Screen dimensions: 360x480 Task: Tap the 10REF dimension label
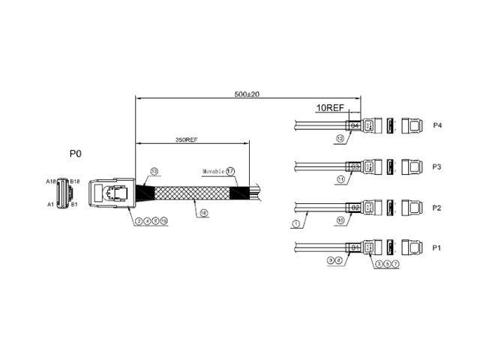pos(331,108)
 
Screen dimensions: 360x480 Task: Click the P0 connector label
pos(75,153)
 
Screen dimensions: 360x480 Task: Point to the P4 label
pos(437,125)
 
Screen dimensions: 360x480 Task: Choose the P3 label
pos(437,166)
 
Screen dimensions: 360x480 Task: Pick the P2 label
pos(437,206)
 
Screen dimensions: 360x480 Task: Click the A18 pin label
pos(50,181)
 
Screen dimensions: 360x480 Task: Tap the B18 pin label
pos(75,181)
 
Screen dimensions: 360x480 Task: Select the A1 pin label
pos(51,204)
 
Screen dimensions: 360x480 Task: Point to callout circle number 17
pos(230,171)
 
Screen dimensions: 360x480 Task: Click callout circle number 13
pos(154,171)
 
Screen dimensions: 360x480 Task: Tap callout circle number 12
pos(340,138)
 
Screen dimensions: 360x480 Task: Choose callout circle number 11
pos(340,179)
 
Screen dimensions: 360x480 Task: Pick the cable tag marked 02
pos(355,206)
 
